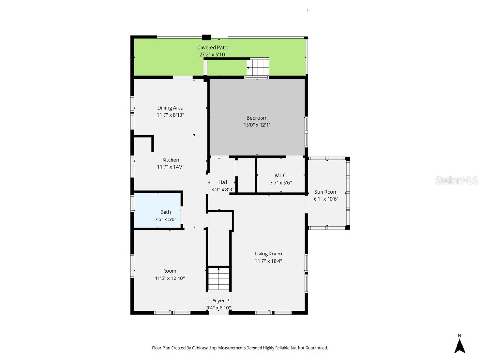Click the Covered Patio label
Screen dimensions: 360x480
coord(213,48)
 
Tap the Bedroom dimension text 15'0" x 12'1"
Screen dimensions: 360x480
coord(257,125)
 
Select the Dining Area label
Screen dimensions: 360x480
coord(170,108)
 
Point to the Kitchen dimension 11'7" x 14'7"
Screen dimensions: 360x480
coord(170,167)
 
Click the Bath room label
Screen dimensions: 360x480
coord(165,212)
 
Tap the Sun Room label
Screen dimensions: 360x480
coord(326,192)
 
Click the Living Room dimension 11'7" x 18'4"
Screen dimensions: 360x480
coord(268,261)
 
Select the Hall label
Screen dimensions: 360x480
coord(223,182)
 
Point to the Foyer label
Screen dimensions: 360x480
coord(218,300)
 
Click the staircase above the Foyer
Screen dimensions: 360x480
coord(218,279)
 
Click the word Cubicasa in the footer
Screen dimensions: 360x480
coord(208,348)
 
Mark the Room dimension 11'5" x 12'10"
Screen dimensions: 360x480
coord(170,278)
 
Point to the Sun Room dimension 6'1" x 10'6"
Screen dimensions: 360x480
coord(326,199)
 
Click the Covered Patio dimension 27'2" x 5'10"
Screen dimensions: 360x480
coord(213,54)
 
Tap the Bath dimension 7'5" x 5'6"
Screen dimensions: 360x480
coord(165,219)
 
